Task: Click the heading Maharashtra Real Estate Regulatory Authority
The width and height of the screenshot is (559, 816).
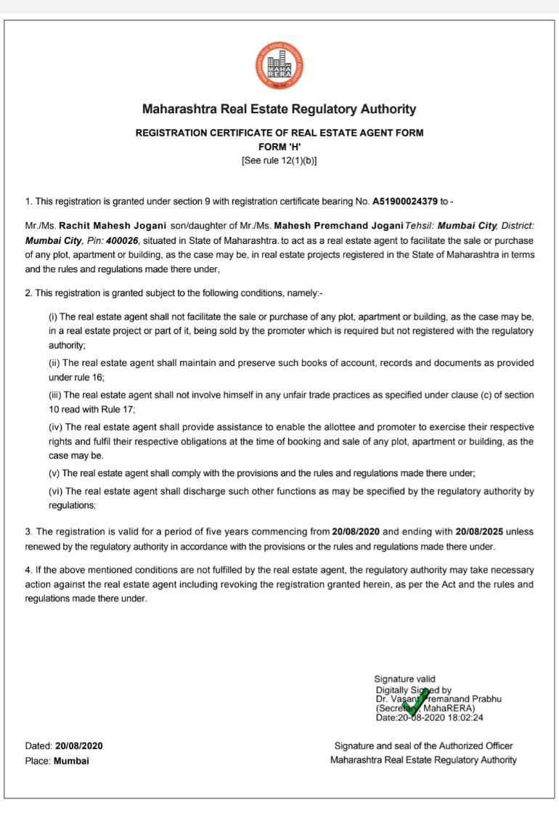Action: (279, 110)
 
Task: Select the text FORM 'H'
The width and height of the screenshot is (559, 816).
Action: (279, 147)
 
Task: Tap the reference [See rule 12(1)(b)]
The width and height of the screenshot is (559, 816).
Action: (279, 160)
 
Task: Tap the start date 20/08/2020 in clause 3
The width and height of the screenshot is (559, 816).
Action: (356, 532)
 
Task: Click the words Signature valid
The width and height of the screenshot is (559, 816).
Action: (404, 680)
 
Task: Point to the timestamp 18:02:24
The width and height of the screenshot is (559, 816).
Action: (465, 717)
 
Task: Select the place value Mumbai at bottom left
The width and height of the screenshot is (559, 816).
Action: (71, 761)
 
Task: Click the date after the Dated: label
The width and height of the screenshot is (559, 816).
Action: (79, 746)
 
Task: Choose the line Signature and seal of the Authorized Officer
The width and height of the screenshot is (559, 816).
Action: (423, 746)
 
